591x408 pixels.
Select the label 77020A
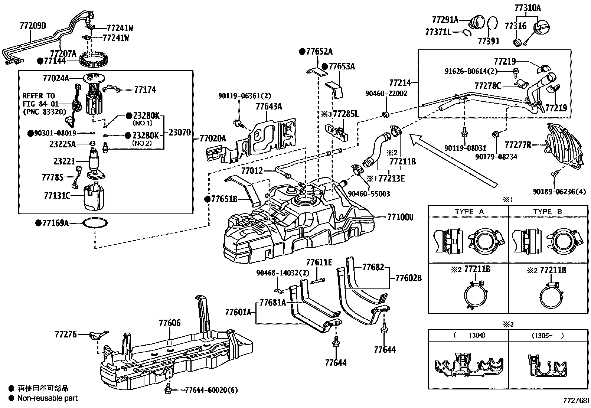pyautogui.click(x=212, y=138)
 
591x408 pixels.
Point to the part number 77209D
pyautogui.click(x=33, y=26)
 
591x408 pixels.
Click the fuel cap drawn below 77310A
pyautogui.click(x=541, y=27)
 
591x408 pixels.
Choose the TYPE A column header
pyautogui.click(x=469, y=212)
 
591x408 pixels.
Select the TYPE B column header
pyautogui.click(x=548, y=212)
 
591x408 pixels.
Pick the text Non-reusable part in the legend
pyautogui.click(x=48, y=398)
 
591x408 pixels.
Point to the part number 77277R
pyautogui.click(x=517, y=144)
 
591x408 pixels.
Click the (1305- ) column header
pyautogui.click(x=548, y=335)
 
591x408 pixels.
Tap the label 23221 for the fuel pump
pyautogui.click(x=64, y=161)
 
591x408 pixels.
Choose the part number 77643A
pyautogui.click(x=268, y=107)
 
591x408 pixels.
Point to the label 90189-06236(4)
pyautogui.click(x=559, y=192)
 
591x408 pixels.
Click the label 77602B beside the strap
pyautogui.click(x=408, y=278)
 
